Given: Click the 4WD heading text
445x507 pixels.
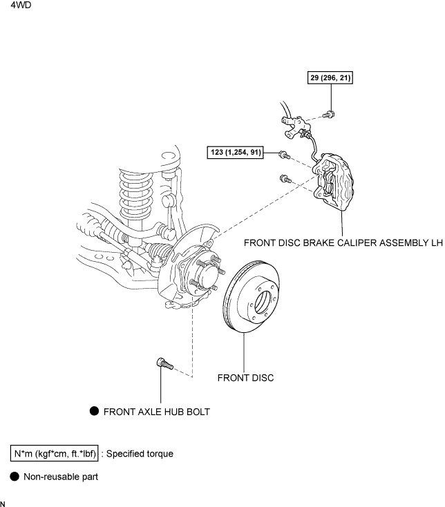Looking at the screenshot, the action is tap(21, 5).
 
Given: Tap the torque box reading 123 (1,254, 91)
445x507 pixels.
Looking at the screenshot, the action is tap(235, 152).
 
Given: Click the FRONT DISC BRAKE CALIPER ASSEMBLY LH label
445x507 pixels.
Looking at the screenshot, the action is tap(343, 243).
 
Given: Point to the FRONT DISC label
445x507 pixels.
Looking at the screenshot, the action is tap(245, 378).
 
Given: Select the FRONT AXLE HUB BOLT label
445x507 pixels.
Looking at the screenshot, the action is tap(157, 412).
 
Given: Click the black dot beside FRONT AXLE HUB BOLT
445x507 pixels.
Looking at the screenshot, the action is tap(94, 411).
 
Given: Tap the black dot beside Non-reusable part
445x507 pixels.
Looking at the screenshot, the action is tap(15, 477).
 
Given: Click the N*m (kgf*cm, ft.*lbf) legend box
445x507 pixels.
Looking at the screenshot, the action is tap(55, 453).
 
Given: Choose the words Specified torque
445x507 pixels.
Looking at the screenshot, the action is tap(140, 454).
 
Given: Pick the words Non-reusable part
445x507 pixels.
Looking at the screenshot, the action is tap(61, 477).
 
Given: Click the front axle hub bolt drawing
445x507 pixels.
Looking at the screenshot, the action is tap(165, 364).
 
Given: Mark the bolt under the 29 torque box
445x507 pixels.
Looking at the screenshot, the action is tap(329, 115).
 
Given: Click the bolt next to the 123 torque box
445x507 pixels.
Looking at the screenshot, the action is tap(285, 155).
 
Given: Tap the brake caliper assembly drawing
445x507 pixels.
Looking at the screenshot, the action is tap(334, 182).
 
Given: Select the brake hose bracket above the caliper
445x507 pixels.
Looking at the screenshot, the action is tap(295, 126).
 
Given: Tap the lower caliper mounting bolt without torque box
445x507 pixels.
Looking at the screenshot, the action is tap(285, 178).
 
